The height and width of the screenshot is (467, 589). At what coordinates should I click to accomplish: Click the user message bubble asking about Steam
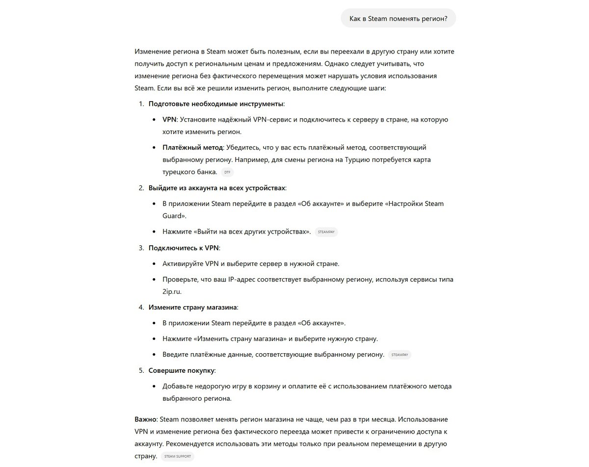point(398,19)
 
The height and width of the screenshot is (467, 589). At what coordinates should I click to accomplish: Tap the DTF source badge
point(227,172)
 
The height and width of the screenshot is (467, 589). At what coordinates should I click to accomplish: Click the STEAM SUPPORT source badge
point(177,456)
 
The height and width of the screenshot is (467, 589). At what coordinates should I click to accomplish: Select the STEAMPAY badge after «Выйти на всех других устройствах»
point(326,232)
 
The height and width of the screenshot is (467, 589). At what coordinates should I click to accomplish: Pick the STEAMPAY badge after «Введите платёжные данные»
point(400,355)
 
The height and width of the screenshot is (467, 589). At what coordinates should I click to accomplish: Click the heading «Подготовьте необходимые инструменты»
point(216,104)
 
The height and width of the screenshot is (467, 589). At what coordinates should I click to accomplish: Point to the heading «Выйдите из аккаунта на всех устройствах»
point(217,188)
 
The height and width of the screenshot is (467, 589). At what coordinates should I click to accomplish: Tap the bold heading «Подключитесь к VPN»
point(184,248)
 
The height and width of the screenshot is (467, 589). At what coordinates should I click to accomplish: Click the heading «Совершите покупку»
point(182,370)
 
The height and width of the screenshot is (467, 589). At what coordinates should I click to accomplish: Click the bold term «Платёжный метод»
point(193,147)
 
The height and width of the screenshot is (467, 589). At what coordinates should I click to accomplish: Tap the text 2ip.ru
point(172,291)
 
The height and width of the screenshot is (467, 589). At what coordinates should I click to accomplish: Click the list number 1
point(141,104)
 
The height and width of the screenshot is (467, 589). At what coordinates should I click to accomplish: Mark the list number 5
point(141,370)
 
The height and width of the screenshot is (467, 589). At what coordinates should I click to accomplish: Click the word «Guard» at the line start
point(173,215)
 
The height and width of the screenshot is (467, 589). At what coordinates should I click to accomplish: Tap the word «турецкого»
point(179,172)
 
